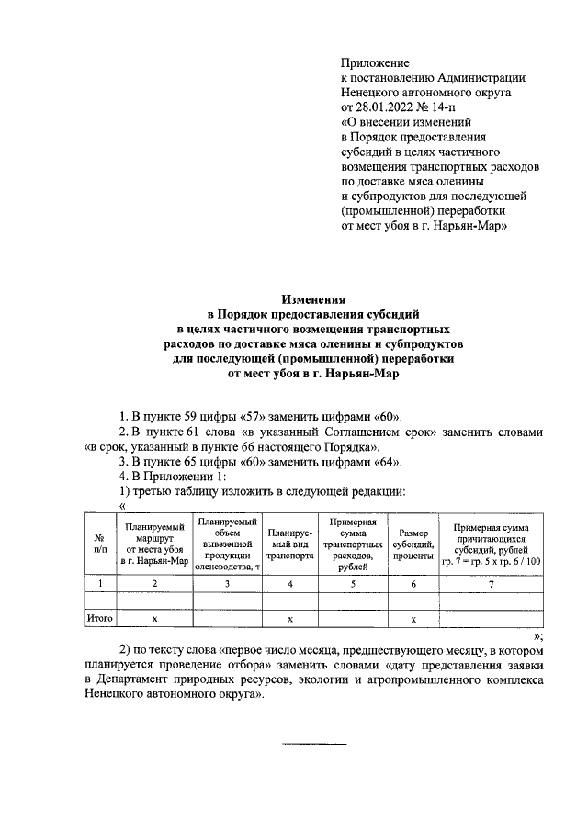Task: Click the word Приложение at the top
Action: pyautogui.click(x=374, y=62)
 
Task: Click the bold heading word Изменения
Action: pyautogui.click(x=313, y=298)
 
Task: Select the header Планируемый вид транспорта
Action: pyautogui.click(x=289, y=543)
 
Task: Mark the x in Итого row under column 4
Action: pyautogui.click(x=289, y=619)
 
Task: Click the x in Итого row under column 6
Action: pyautogui.click(x=413, y=619)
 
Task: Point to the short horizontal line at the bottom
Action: pyautogui.click(x=313, y=743)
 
